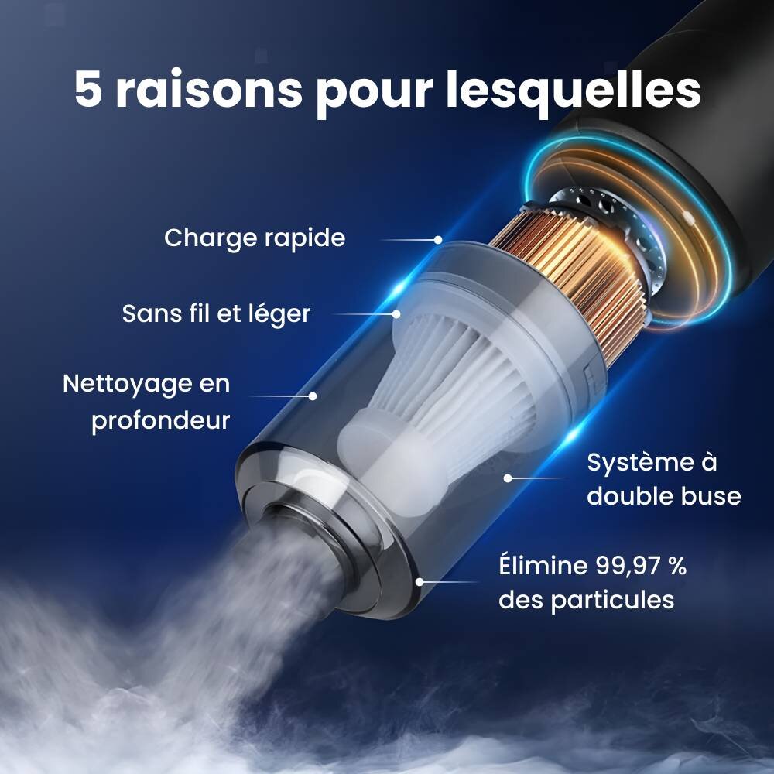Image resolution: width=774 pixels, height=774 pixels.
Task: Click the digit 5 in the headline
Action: click(89, 89)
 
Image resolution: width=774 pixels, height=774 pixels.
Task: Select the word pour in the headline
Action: click(375, 94)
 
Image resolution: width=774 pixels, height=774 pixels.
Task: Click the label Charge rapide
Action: click(255, 238)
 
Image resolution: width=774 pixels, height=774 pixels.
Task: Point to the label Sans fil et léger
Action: click(216, 314)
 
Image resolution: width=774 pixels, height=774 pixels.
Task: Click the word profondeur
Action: click(161, 421)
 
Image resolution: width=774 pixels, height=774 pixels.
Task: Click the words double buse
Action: click(664, 496)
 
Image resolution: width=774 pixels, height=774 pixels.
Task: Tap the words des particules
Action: click(587, 601)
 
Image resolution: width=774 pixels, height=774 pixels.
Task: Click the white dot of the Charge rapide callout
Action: click(438, 240)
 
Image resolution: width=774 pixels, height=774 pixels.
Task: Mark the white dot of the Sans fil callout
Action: click(396, 314)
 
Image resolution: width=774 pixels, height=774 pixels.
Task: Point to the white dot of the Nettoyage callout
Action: click(313, 396)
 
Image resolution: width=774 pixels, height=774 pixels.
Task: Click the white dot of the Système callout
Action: click(508, 478)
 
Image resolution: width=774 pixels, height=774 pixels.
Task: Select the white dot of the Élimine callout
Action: click(420, 582)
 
